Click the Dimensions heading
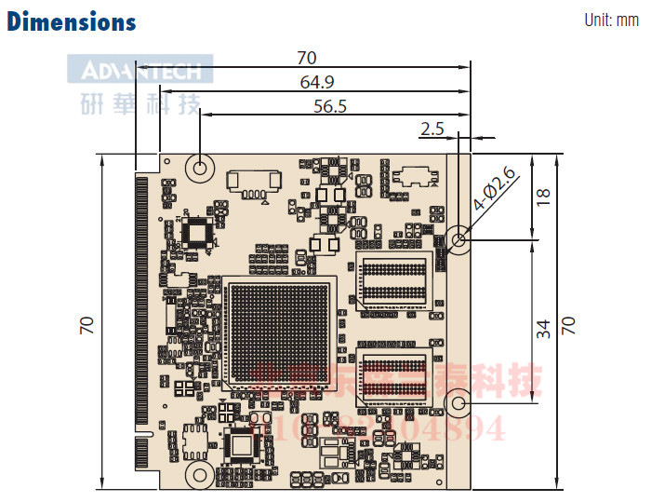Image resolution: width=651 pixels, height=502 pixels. coord(72,21)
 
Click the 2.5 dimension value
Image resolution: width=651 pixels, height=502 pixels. coord(432,129)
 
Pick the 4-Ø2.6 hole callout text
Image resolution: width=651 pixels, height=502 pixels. coord(496,192)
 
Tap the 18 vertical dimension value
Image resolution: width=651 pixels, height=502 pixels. coord(544,197)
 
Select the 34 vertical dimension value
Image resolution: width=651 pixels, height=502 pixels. coord(544,328)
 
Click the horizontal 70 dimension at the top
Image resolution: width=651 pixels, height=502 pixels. coord(306,58)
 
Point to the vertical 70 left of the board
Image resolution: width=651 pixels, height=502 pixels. coord(86,324)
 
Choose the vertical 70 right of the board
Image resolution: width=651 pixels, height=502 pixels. coord(568,324)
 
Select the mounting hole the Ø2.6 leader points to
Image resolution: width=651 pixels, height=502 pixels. coord(458,239)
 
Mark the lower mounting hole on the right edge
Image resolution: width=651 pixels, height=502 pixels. coord(458,404)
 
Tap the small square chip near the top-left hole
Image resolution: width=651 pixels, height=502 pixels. coord(197,230)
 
